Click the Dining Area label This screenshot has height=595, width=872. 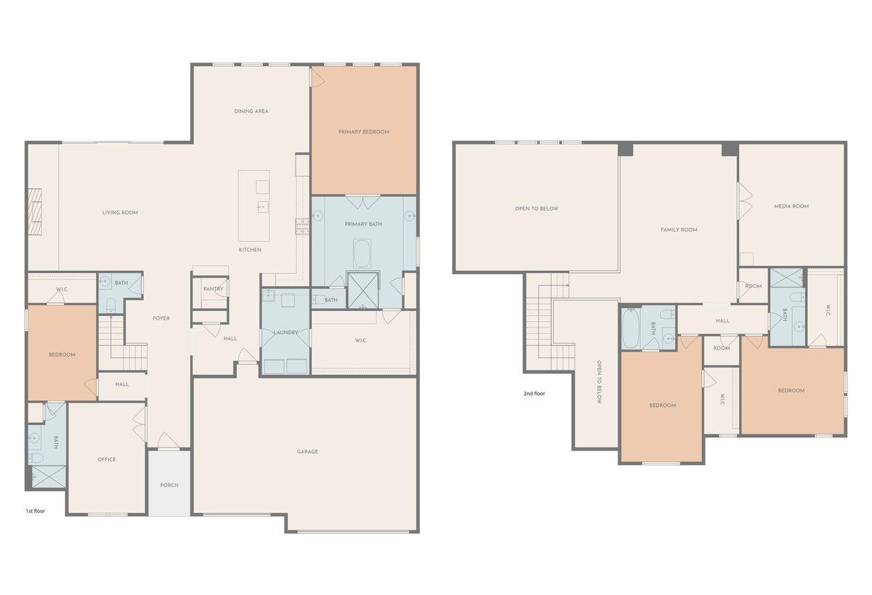click(x=251, y=111)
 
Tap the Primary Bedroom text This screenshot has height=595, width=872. click(x=363, y=132)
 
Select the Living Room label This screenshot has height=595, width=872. click(x=120, y=212)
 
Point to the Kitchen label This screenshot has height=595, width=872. click(x=250, y=250)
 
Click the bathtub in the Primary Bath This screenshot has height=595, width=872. click(x=362, y=254)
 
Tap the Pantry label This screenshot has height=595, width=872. click(x=214, y=288)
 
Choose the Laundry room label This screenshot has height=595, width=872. click(x=286, y=332)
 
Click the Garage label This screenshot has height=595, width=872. click(x=307, y=452)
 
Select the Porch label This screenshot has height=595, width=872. click(x=169, y=485)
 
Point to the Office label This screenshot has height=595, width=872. click(x=107, y=460)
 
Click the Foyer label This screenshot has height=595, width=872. click(x=161, y=318)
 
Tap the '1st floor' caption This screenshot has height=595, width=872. click(x=36, y=511)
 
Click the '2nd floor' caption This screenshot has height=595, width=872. click(x=534, y=394)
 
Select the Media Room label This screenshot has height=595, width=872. click(x=791, y=206)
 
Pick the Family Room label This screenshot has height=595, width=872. click(x=679, y=230)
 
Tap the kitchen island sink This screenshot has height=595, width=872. click(x=263, y=206)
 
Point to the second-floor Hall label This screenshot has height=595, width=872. click(x=722, y=321)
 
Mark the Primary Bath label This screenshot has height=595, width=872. click(x=363, y=224)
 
